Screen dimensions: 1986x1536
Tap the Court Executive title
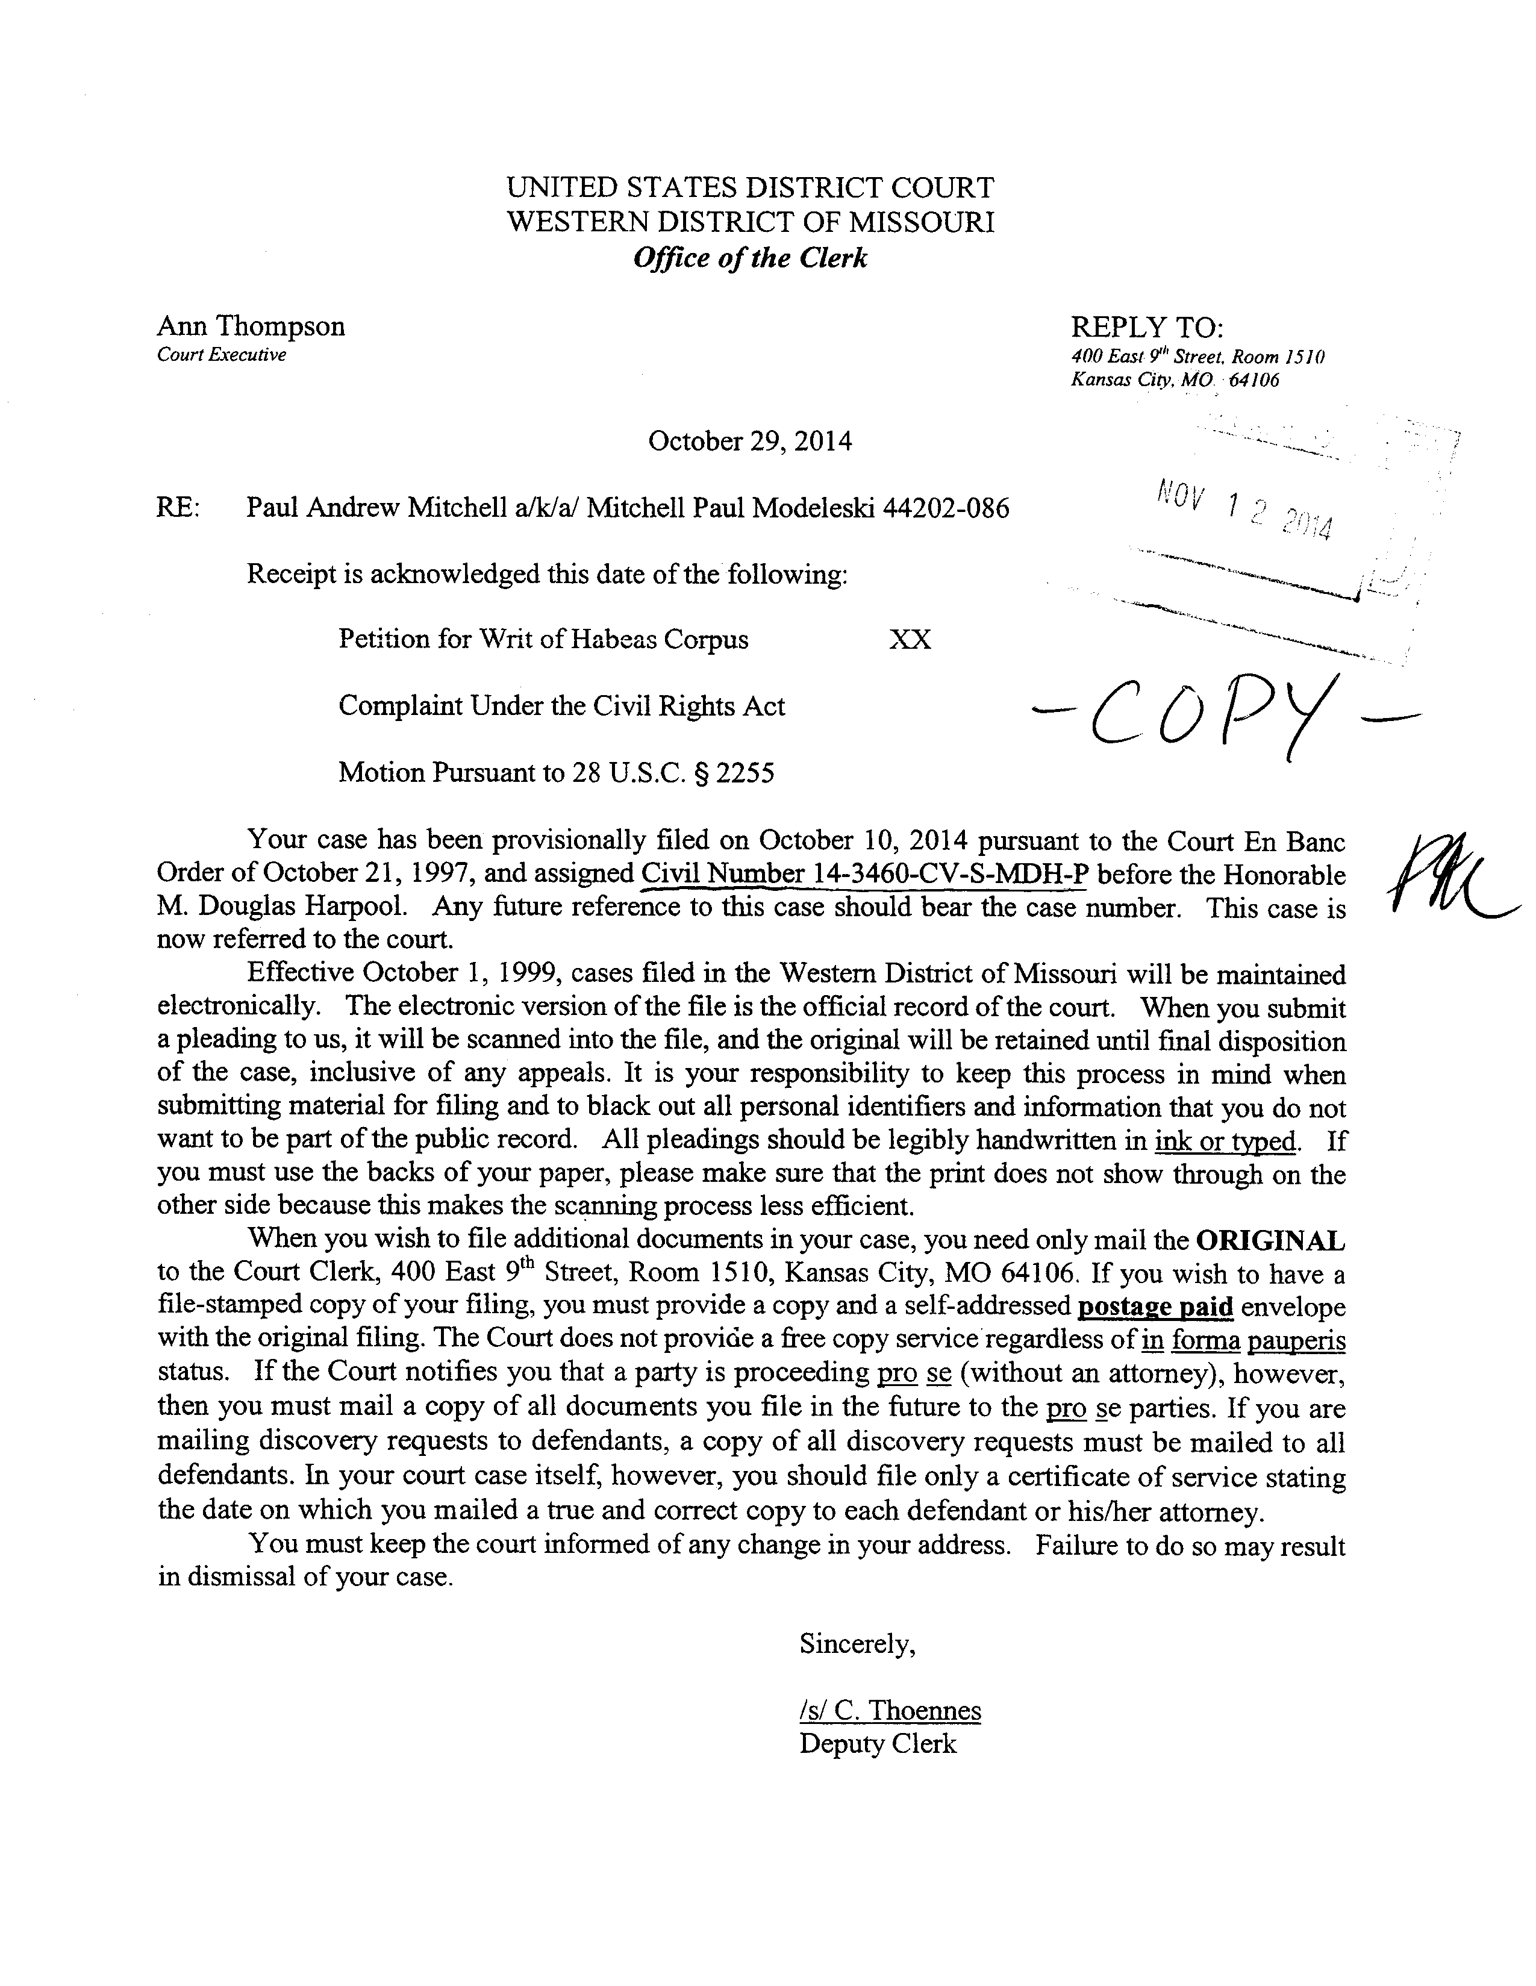point(221,355)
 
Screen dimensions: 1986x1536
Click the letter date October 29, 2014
point(749,442)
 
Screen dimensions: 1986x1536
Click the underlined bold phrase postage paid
point(1154,1307)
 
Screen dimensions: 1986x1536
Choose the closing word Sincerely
point(857,1644)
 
